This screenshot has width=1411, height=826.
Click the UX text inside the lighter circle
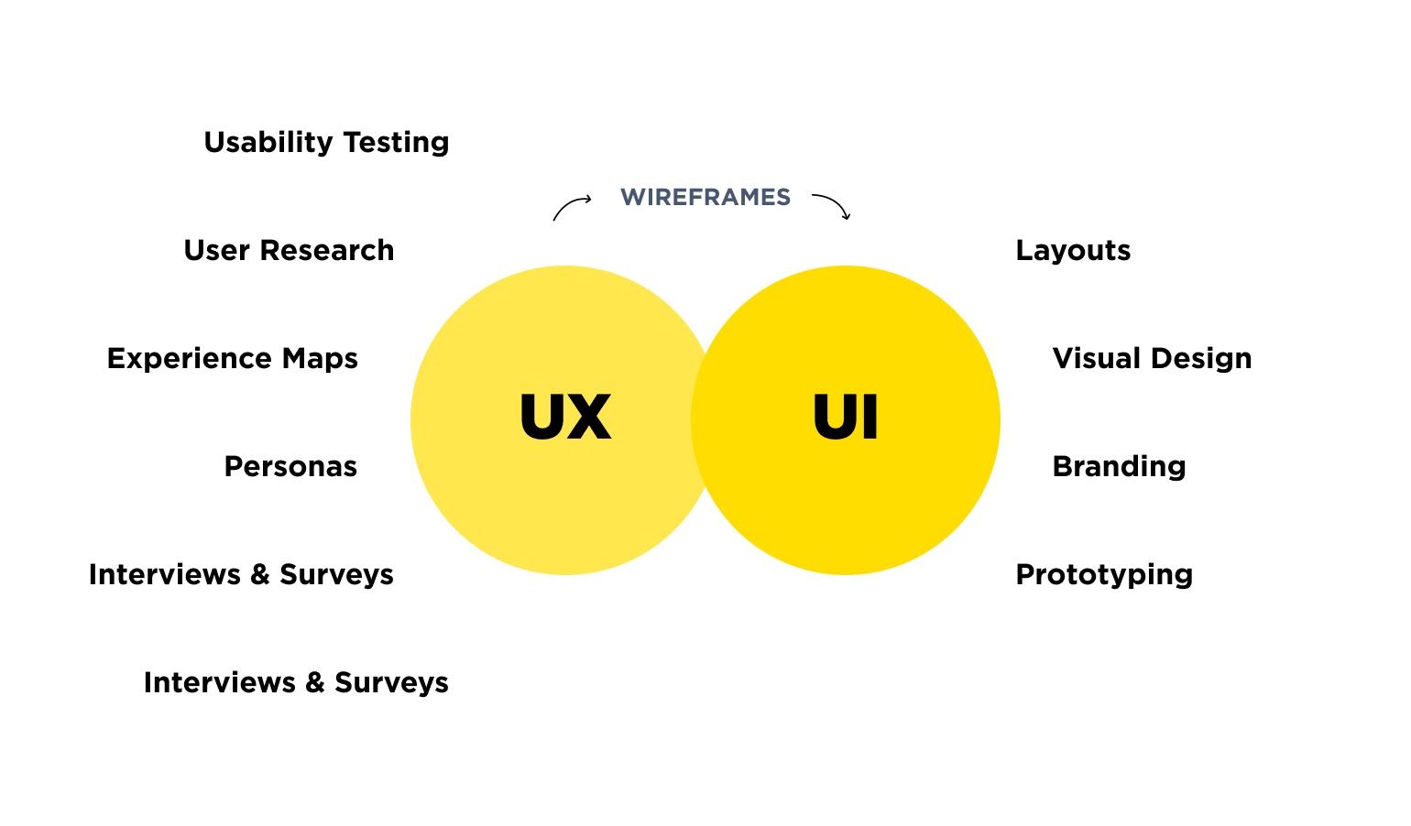pyautogui.click(x=564, y=418)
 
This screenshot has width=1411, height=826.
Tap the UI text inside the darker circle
pyautogui.click(x=845, y=418)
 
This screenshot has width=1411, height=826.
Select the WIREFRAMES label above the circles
pyautogui.click(x=705, y=197)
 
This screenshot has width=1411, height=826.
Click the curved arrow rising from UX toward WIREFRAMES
pyautogui.click(x=571, y=206)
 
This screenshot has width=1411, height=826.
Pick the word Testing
pyautogui.click(x=396, y=143)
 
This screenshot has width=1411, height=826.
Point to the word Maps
pyautogui.click(x=320, y=358)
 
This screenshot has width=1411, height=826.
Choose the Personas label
pyautogui.click(x=290, y=467)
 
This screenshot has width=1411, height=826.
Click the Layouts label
pyautogui.click(x=1073, y=251)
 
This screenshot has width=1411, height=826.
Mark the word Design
pyautogui.click(x=1202, y=359)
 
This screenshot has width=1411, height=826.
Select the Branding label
pyautogui.click(x=1119, y=467)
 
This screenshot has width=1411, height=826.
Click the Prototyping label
pyautogui.click(x=1104, y=575)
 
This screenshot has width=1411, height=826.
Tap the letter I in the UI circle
pyautogui.click(x=870, y=418)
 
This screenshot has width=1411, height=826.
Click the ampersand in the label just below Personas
pyautogui.click(x=260, y=574)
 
